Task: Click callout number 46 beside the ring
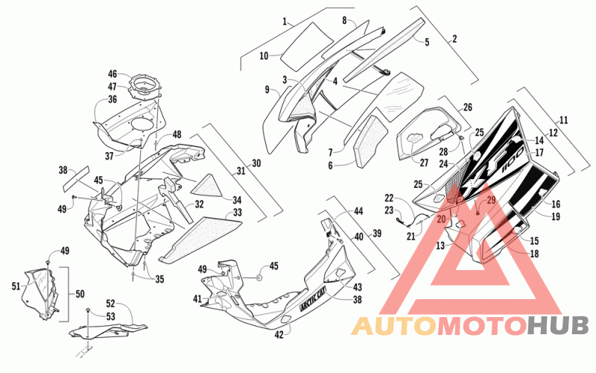click(x=112, y=74)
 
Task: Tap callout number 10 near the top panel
click(x=264, y=56)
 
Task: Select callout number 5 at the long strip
click(x=427, y=42)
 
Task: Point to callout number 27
click(x=424, y=163)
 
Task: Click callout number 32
click(x=199, y=204)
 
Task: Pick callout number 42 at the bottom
click(x=279, y=335)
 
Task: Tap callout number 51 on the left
click(x=16, y=286)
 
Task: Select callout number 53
click(x=110, y=316)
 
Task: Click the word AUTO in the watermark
click(x=394, y=326)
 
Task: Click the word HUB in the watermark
click(x=558, y=326)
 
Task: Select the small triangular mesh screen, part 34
click(x=208, y=186)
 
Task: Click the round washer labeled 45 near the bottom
click(x=259, y=278)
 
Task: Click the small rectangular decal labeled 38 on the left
click(x=76, y=178)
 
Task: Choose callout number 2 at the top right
click(x=454, y=39)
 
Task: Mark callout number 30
click(x=256, y=163)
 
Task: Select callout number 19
click(x=555, y=216)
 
